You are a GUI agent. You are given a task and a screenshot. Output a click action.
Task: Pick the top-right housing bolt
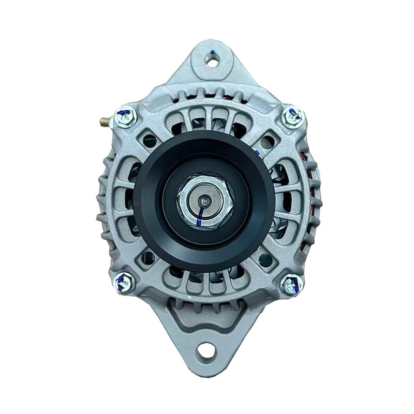292,116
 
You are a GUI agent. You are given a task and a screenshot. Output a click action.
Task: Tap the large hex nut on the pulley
205,202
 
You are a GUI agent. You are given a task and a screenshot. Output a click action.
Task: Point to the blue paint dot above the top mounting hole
213,51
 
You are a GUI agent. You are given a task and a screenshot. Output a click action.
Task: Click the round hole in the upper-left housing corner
150,140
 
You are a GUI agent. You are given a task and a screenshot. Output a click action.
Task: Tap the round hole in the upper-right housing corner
268,141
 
